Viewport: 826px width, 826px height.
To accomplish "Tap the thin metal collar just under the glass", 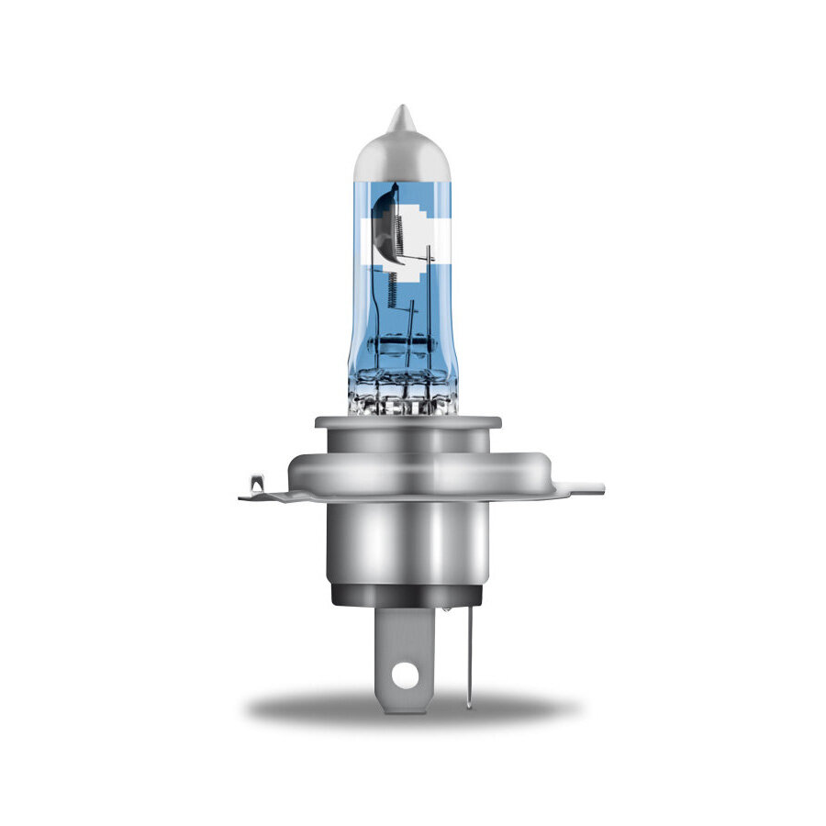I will click(407, 423).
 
